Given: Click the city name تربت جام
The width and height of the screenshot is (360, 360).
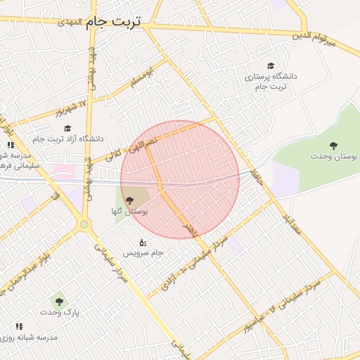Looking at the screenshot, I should coord(113,22).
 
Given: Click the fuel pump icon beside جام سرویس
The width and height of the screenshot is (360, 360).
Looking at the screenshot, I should coord(143,242).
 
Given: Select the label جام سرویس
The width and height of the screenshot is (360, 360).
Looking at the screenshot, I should coord(143,252).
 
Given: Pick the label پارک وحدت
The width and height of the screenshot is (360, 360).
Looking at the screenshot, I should coord(59,311).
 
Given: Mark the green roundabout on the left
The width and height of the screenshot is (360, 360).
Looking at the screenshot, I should coord(84,225).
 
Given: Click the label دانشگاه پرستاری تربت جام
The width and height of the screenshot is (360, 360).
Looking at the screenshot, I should coord(271,80).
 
